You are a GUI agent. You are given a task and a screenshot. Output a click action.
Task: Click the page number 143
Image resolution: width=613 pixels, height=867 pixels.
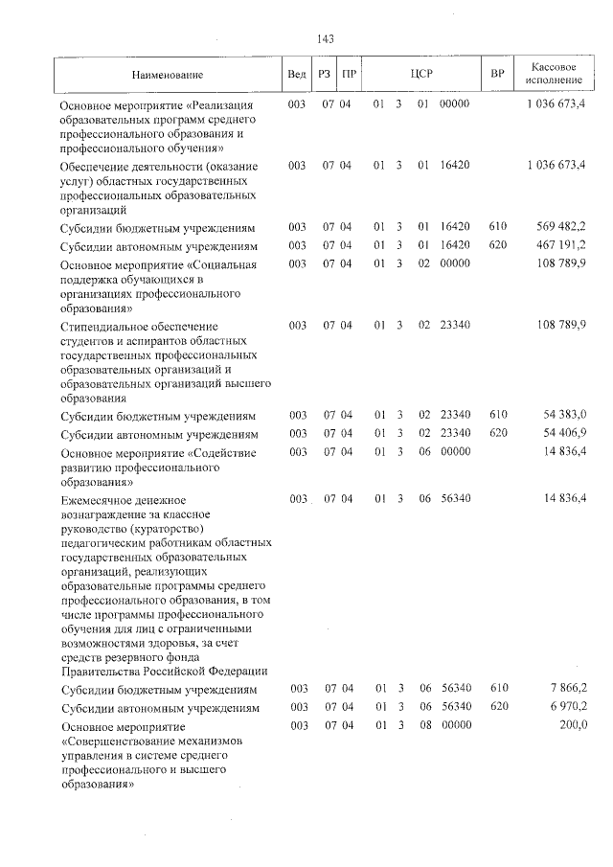coord(325,38)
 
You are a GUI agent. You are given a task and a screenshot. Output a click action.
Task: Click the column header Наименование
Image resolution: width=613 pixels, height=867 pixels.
coord(169,74)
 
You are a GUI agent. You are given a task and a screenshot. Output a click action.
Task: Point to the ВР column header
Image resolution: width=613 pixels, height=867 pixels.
coord(497,74)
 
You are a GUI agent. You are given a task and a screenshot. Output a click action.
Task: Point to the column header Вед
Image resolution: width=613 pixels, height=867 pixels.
coord(297,74)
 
